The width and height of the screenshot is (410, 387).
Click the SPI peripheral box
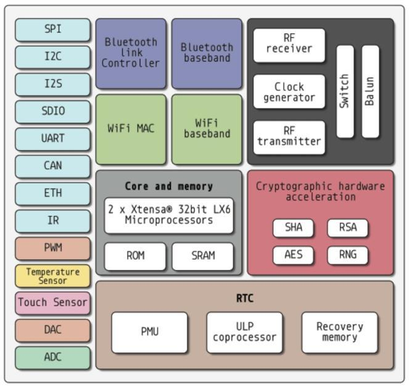53,30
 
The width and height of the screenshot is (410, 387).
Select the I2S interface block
53,84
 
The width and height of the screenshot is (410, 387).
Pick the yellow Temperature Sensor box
53,276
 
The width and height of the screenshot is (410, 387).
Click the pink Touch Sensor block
53,303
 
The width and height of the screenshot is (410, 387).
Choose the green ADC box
53,357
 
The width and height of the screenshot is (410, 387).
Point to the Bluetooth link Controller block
131,53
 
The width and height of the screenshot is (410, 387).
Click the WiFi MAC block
131,129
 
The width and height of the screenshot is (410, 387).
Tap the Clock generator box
289,91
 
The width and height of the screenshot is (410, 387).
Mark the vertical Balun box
370,91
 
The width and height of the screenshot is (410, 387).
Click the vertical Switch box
345,91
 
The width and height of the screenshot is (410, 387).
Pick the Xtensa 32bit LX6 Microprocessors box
169,215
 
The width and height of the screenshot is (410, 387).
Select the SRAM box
202,256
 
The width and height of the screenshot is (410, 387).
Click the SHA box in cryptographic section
293,228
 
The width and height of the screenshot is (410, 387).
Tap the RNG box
347,255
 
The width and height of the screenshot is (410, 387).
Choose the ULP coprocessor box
244,332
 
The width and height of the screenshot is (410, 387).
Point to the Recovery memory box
339,332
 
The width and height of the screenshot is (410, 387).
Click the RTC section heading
244,299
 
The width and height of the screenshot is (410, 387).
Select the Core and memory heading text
169,186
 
